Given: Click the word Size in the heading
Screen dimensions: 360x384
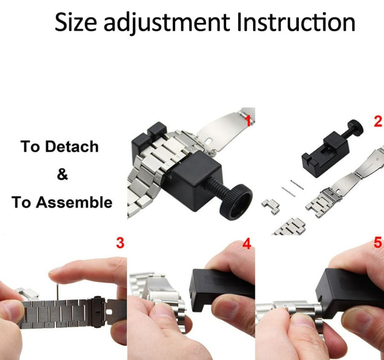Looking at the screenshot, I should [76, 23].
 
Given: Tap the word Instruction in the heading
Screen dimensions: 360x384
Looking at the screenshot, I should [295, 23].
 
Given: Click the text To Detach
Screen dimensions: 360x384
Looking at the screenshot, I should [59, 147].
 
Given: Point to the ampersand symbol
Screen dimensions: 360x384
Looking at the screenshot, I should [62, 174].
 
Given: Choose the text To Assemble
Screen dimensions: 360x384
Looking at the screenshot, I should [62, 202].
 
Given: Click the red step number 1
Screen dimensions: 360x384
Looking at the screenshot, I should [249, 121].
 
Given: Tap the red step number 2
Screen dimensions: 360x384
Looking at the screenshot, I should [377, 121].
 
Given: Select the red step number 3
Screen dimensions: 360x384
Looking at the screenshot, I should [120, 243].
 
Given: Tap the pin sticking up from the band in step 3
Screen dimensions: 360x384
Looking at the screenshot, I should [57, 290].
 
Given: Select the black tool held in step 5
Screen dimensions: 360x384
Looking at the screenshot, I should [350, 291].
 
